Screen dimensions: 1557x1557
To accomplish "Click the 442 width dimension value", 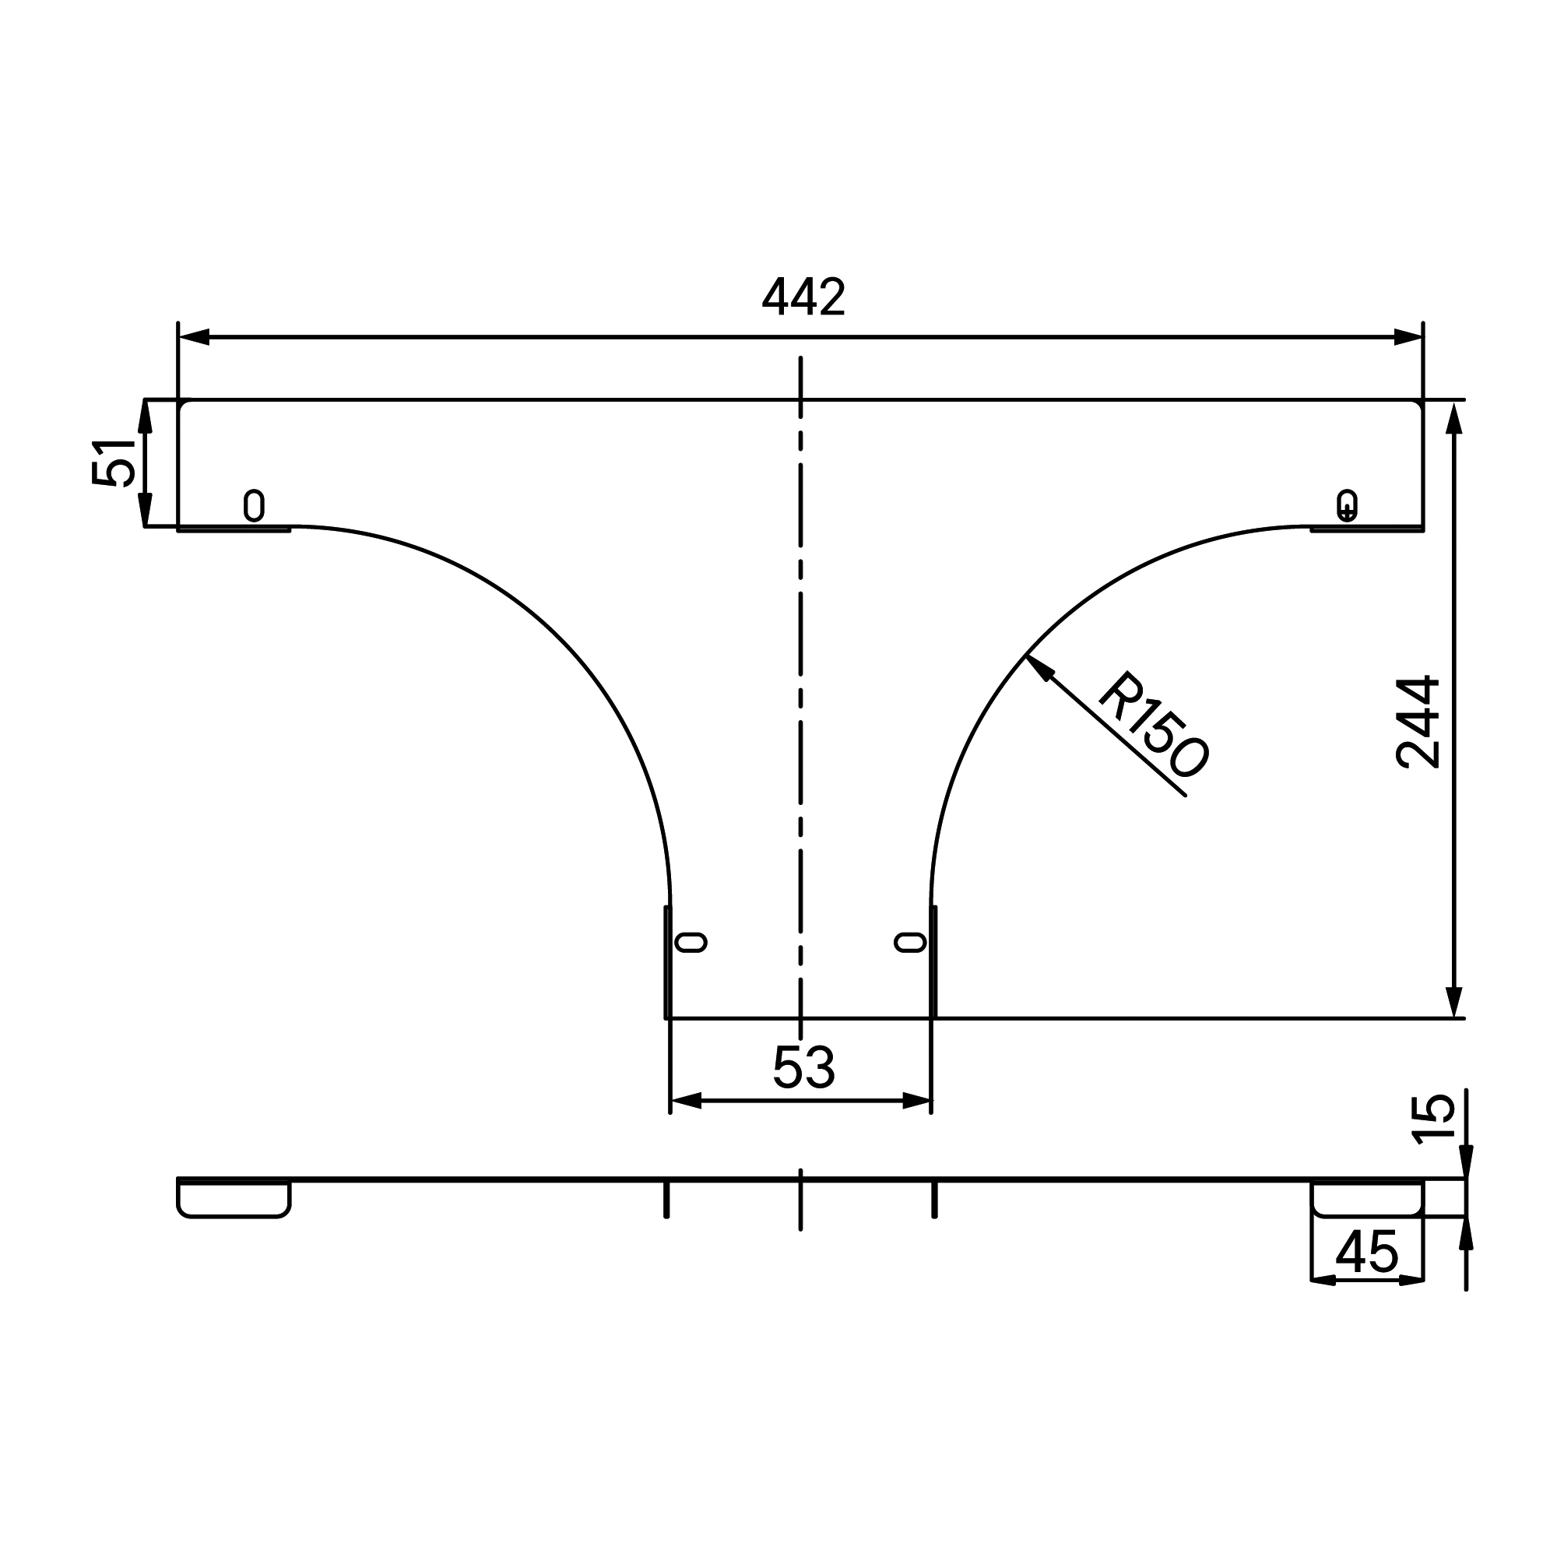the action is pos(803,297).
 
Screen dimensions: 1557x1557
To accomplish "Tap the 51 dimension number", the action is pos(114,462).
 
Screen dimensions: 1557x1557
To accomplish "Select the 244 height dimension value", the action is pos(1418,722).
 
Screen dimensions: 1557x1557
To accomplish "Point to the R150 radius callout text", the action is pos(1155,726).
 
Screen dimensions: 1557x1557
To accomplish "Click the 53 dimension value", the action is pos(803,1068).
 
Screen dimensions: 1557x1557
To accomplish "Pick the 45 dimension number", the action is pos(1367,1253).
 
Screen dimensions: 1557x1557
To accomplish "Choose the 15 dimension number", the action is pos(1435,1119).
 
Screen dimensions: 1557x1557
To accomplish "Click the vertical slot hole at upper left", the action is pos(254,505).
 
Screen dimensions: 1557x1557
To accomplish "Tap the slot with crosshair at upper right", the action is pos(1347,505).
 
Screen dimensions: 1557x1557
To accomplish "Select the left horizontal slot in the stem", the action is pos(691,942).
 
